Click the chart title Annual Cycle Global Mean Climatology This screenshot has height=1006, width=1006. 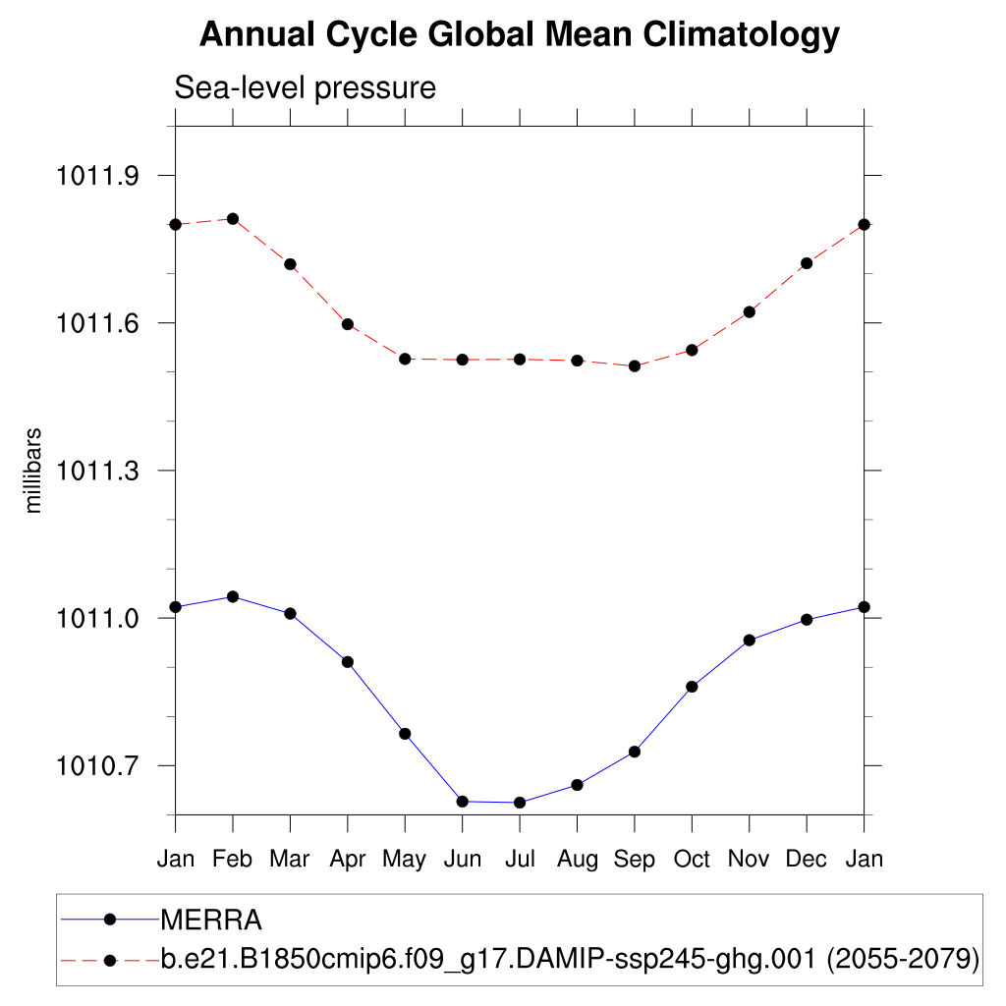point(520,35)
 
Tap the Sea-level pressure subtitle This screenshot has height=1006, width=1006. point(305,87)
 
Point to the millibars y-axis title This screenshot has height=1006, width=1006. point(33,471)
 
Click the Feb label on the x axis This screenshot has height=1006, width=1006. point(233,860)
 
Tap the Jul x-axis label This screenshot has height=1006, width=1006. point(520,860)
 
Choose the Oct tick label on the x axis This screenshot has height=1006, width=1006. point(692,860)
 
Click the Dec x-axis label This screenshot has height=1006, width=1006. point(807,860)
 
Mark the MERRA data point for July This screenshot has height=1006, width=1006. point(520,803)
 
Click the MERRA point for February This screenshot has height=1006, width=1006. point(233,596)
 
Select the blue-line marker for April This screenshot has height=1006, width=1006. point(348,662)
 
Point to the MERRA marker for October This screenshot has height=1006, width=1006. point(692,687)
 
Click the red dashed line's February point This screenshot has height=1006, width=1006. point(233,218)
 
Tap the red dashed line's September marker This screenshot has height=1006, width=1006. point(635,365)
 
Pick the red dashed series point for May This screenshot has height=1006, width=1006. point(405,359)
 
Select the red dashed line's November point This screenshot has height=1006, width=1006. point(750,311)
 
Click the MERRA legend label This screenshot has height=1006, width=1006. point(210,921)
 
